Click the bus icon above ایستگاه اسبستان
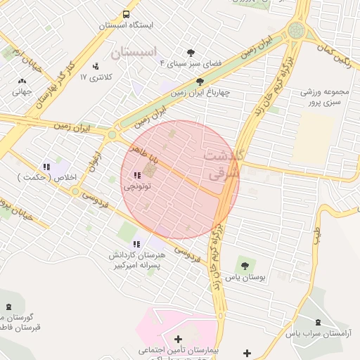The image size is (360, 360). click(x=126, y=14)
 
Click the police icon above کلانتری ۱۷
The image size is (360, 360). click(x=96, y=66)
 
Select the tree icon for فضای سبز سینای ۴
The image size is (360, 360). click(x=190, y=52)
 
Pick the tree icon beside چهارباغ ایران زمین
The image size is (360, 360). click(x=200, y=82)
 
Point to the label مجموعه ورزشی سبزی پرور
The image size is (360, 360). click(x=326, y=97)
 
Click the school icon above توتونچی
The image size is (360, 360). click(x=135, y=176)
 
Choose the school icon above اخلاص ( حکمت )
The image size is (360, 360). click(x=46, y=167)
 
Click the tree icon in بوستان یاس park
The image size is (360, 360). click(x=245, y=266)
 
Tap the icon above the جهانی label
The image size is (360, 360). click(x=22, y=81)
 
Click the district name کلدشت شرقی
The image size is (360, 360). click(x=224, y=162)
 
